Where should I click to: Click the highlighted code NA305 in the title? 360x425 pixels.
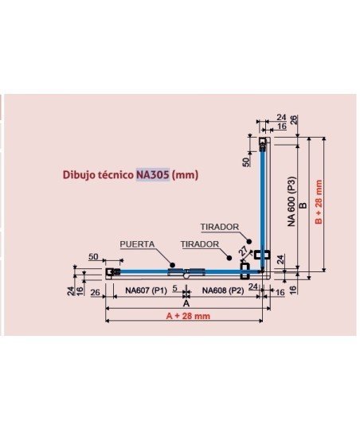(153, 174)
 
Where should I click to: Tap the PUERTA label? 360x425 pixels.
(137, 244)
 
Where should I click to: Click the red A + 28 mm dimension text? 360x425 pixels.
(188, 316)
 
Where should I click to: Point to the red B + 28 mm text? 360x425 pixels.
(319, 202)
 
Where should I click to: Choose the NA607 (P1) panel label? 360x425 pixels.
(146, 290)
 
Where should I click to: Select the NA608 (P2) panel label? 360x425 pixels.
(223, 290)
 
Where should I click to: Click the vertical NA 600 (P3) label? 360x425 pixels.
(291, 201)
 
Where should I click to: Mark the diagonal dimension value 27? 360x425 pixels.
(243, 251)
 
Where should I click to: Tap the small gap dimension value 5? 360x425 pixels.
(175, 288)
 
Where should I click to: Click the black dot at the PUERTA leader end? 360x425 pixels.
(172, 265)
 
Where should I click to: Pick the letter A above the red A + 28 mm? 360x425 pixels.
(186, 303)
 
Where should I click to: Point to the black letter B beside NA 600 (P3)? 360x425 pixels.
(303, 205)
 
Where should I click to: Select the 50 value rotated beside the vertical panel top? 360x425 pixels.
(246, 162)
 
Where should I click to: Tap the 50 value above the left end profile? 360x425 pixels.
(93, 256)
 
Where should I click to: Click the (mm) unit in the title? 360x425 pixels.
(186, 175)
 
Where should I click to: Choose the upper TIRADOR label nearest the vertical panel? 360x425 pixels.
(220, 227)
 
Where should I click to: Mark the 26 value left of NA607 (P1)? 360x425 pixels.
(95, 292)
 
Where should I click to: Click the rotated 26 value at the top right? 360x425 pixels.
(294, 119)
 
